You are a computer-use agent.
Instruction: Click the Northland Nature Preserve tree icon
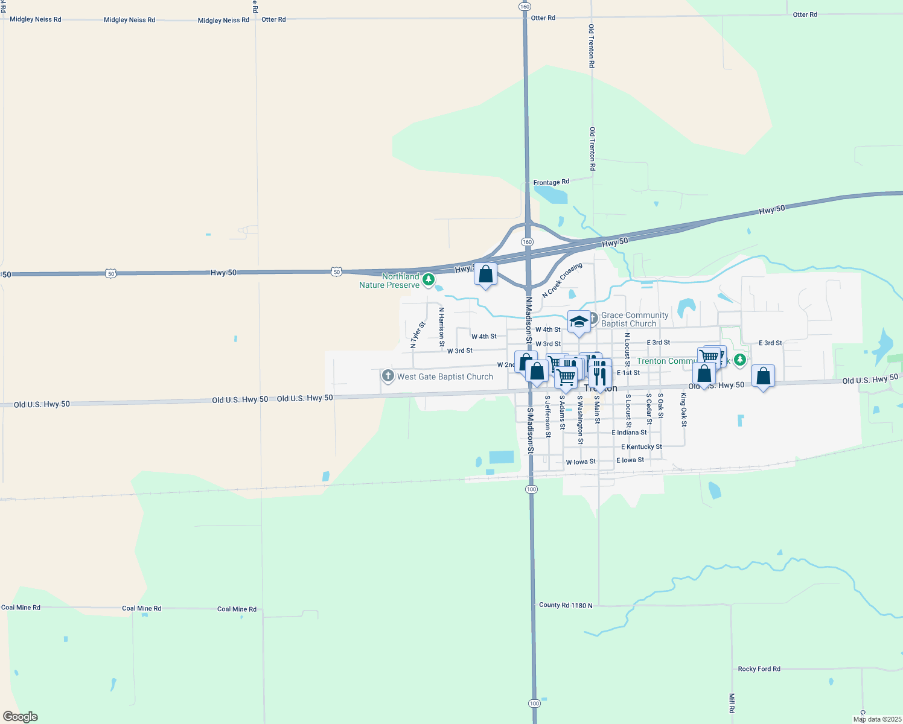(x=429, y=279)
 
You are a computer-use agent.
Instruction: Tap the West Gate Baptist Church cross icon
(x=388, y=376)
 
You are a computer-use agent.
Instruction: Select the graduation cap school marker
(x=579, y=322)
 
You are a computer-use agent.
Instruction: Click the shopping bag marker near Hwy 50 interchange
(x=485, y=275)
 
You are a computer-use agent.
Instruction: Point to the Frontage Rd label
(x=551, y=182)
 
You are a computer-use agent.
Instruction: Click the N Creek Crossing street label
(x=562, y=280)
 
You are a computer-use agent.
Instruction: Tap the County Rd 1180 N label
(x=566, y=605)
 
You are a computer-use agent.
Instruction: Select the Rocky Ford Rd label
(x=759, y=669)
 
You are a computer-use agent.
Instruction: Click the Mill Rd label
(x=732, y=703)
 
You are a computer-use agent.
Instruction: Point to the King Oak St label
(x=684, y=410)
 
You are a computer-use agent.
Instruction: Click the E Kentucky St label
(x=642, y=447)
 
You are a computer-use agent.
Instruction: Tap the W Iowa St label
(x=581, y=462)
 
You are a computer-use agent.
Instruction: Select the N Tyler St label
(x=418, y=335)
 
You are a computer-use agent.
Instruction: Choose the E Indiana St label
(x=629, y=433)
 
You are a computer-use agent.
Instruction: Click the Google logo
(x=21, y=717)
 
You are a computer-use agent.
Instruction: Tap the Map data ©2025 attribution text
(x=877, y=719)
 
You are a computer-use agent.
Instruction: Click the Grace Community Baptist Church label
(x=634, y=319)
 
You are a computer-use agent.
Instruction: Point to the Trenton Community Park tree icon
(x=740, y=360)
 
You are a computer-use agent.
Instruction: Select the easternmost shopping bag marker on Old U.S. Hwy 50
(x=763, y=376)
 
